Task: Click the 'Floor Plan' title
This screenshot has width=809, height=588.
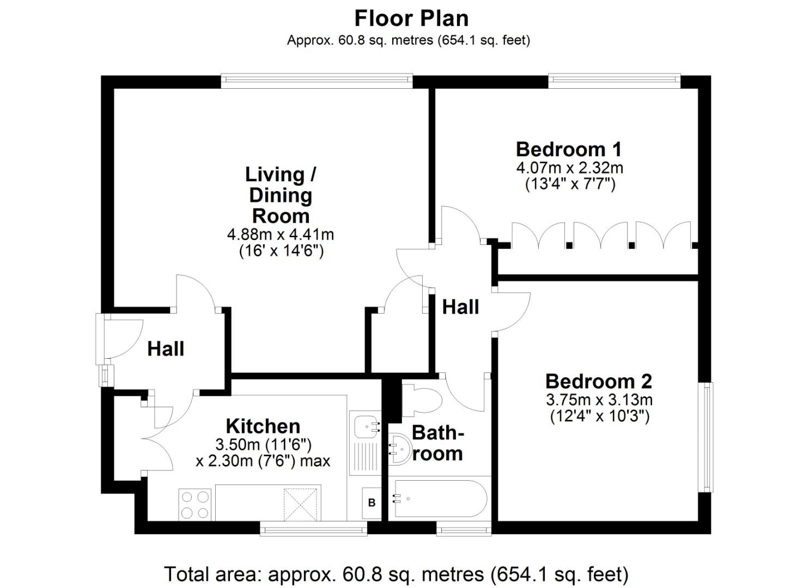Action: point(411,19)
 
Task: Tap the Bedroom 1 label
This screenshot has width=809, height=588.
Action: point(569,149)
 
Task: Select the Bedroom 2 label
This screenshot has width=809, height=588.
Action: point(599,382)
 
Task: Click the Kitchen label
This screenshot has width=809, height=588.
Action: point(263,426)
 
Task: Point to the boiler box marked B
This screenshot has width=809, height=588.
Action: point(372,503)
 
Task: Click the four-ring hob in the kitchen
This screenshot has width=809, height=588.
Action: point(196,505)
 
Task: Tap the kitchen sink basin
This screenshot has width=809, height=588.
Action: point(366,428)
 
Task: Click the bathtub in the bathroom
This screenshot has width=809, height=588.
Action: point(441,499)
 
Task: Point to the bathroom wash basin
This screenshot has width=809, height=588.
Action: point(400,449)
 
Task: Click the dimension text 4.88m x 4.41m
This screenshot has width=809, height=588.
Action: point(280,235)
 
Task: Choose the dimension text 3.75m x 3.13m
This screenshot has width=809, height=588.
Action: point(599,400)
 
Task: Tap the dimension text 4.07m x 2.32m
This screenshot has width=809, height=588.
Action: point(570,168)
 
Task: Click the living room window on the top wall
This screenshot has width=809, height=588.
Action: point(317,81)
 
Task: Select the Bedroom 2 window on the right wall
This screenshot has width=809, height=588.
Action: point(706,437)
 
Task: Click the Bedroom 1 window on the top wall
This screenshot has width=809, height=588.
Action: point(615,81)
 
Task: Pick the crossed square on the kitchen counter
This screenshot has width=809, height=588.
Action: point(301,505)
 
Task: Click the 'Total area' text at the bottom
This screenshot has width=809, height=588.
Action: point(396,574)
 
